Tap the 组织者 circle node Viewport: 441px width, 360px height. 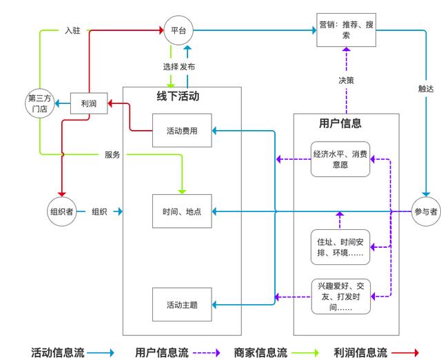coord(61,211)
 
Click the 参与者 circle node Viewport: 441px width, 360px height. coord(425,211)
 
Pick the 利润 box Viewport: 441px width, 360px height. coord(88,103)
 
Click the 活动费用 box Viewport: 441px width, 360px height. coord(182,130)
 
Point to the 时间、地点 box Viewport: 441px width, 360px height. coord(182,211)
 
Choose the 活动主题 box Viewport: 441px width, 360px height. coord(182,304)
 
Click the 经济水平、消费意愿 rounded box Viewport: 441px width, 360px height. coord(340,159)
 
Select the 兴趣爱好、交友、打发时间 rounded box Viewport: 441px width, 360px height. coord(340,297)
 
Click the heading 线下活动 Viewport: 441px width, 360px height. coord(178,96)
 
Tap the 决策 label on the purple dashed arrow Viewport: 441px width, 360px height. coord(346,80)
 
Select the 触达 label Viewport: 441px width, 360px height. coord(426,89)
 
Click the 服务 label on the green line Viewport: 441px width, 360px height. coord(112,155)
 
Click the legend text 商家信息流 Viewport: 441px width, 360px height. coord(260,352)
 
